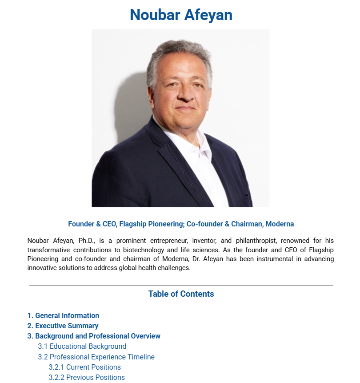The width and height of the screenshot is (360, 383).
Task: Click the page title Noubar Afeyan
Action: [x=181, y=15]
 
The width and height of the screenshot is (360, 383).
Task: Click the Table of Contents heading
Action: [x=181, y=294]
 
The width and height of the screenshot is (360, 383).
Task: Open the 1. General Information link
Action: [x=63, y=316]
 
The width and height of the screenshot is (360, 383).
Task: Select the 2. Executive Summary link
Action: [x=63, y=326]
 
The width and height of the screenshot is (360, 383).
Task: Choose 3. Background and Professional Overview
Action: [x=94, y=336]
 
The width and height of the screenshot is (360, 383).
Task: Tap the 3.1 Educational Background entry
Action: [x=82, y=347]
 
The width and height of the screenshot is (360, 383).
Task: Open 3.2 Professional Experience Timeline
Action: [x=96, y=357]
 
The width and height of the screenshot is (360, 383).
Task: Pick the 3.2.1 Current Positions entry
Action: [x=85, y=367]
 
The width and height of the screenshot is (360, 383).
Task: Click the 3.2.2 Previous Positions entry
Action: [x=87, y=378]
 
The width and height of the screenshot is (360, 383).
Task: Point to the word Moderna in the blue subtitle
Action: [x=280, y=224]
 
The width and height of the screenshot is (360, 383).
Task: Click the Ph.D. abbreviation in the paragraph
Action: [x=88, y=241]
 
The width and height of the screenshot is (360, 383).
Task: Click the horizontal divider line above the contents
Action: [x=181, y=285]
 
